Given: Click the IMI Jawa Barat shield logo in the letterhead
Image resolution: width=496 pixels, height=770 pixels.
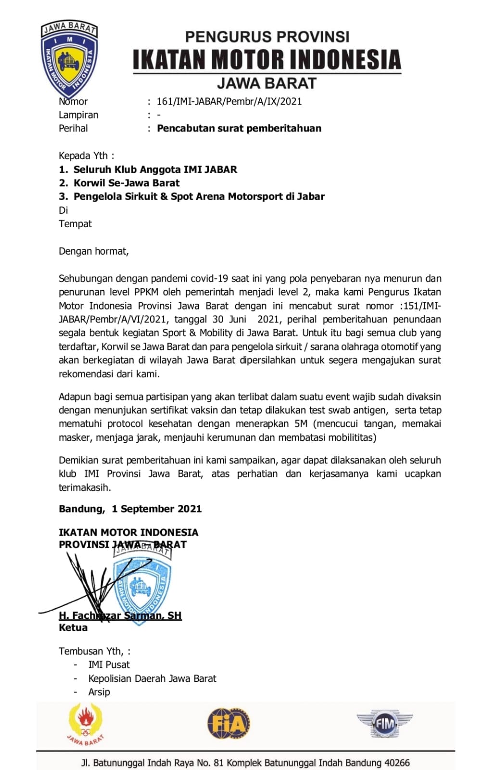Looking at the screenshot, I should tap(69, 59).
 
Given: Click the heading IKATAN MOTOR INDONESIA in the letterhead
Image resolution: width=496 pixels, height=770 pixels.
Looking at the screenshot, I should tap(267, 60).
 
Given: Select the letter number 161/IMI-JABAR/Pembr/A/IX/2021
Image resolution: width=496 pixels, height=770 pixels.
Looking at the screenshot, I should tap(229, 102).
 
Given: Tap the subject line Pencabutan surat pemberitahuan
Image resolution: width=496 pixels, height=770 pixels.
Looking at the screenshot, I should tap(239, 128).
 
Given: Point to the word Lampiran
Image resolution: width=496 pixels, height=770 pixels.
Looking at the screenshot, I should tap(78, 115).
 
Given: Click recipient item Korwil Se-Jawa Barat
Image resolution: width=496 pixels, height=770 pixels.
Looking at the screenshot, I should tap(126, 183).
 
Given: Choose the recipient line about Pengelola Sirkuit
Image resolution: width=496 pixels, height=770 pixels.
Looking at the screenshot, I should tap(199, 196).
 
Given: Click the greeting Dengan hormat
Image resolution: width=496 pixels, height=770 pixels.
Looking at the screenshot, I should tap(93, 251).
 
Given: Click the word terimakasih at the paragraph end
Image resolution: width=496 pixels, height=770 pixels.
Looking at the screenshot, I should tap(85, 488).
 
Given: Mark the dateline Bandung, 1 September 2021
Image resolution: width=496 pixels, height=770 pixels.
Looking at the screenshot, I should tap(130, 509).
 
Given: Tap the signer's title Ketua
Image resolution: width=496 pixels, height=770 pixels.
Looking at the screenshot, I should tap(73, 628).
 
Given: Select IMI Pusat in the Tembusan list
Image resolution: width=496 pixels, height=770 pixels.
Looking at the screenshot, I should tap(109, 665).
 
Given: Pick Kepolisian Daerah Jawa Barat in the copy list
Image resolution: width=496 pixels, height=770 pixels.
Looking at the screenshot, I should tap(152, 679).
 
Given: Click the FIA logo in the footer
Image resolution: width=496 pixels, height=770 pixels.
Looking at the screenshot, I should tap(229, 723).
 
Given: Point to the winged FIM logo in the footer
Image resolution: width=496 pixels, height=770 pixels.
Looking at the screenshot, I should tap(384, 723).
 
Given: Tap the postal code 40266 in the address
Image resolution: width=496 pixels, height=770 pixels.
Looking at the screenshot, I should tap(397, 763).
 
